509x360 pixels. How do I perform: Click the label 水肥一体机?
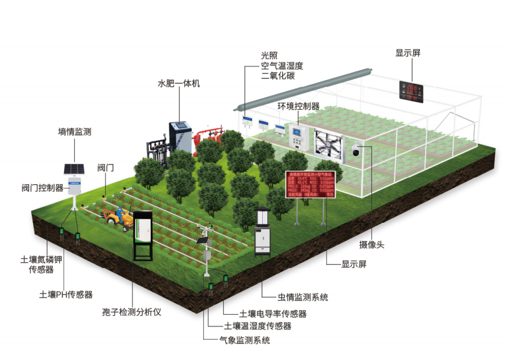pyautogui.click(x=179, y=84)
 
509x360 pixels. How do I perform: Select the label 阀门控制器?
pyautogui.click(x=42, y=188)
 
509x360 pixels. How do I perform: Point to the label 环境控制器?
pyautogui.click(x=299, y=106)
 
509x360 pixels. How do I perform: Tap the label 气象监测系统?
pyautogui.click(x=245, y=340)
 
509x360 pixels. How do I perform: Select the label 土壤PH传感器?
pyautogui.click(x=66, y=294)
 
